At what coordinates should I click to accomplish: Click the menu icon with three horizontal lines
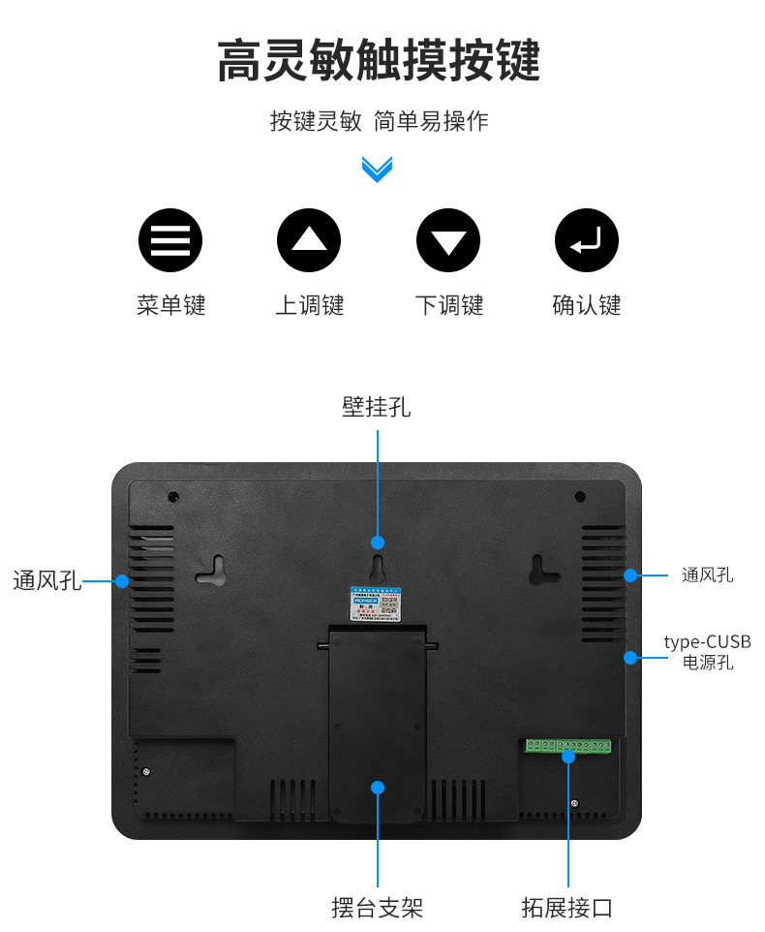coord(170,239)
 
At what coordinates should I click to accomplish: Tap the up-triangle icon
coord(309,239)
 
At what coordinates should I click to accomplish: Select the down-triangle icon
coord(447,239)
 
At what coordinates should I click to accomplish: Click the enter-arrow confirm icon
coord(586,239)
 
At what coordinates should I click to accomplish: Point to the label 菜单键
coord(170,305)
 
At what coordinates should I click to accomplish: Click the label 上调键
coord(309,305)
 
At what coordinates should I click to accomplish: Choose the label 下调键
coord(448,305)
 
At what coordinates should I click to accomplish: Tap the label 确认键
coord(586,305)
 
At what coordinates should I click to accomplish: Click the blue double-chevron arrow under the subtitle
coord(377,169)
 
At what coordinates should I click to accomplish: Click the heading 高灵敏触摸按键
coord(378,61)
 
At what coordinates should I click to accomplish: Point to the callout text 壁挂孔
coord(376,407)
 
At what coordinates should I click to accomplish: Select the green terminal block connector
coord(568,745)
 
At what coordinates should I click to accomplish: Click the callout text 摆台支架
coord(377,908)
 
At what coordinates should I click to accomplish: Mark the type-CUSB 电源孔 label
coord(707,652)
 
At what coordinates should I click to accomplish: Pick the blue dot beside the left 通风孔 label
coord(122,580)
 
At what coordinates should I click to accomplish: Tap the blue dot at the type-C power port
coord(630,657)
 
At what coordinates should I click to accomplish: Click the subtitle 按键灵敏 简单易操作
coord(379,121)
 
